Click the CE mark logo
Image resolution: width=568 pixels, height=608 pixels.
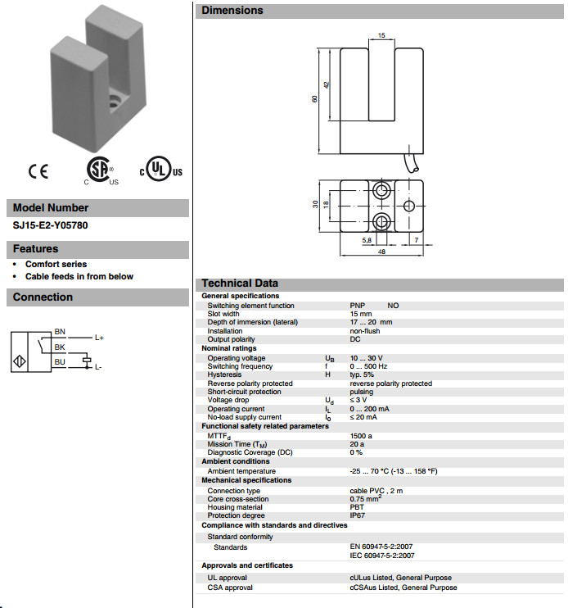(38, 171)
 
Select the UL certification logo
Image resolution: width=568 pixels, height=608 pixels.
(161, 170)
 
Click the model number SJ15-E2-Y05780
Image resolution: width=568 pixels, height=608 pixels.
(50, 224)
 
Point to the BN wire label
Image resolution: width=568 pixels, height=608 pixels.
(60, 332)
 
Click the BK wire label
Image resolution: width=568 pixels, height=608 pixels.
(60, 347)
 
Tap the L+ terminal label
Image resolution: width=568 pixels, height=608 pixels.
(99, 337)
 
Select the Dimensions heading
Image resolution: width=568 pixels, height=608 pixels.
(232, 11)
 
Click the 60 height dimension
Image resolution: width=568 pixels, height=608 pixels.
(314, 99)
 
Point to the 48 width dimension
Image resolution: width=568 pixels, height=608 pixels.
(381, 252)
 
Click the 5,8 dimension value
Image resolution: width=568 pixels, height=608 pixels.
(366, 240)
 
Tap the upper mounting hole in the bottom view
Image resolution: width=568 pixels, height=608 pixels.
(382, 192)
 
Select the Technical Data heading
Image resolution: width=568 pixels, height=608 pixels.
(240, 284)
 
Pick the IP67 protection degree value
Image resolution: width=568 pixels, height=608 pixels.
(358, 515)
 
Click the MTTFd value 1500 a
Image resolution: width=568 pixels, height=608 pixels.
(362, 436)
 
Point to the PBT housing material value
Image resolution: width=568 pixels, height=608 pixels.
(357, 507)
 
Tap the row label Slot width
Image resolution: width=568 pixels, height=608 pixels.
(223, 314)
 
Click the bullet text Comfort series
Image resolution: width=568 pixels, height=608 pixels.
(56, 265)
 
